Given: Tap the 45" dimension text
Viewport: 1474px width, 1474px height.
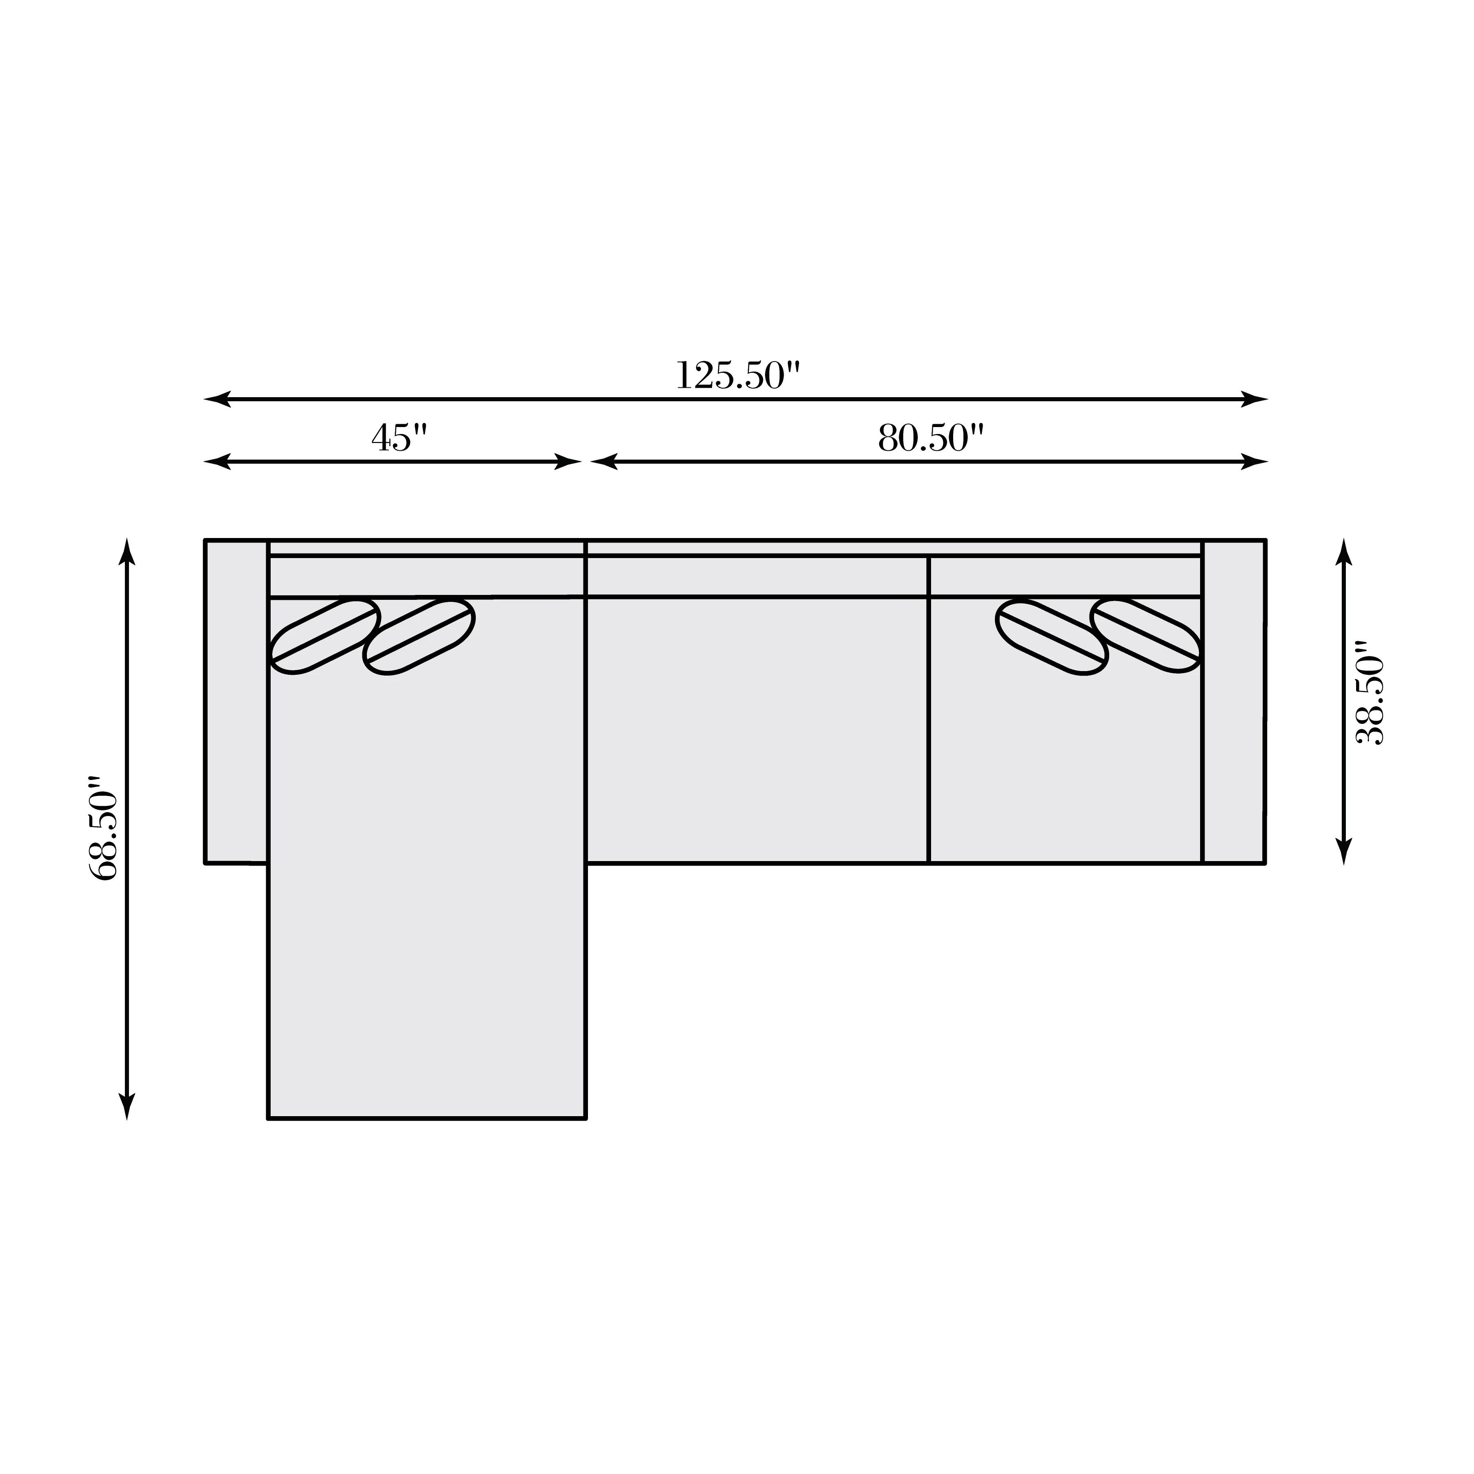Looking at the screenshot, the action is (400, 438).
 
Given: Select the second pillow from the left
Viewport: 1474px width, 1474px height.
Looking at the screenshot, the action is (419, 636).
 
